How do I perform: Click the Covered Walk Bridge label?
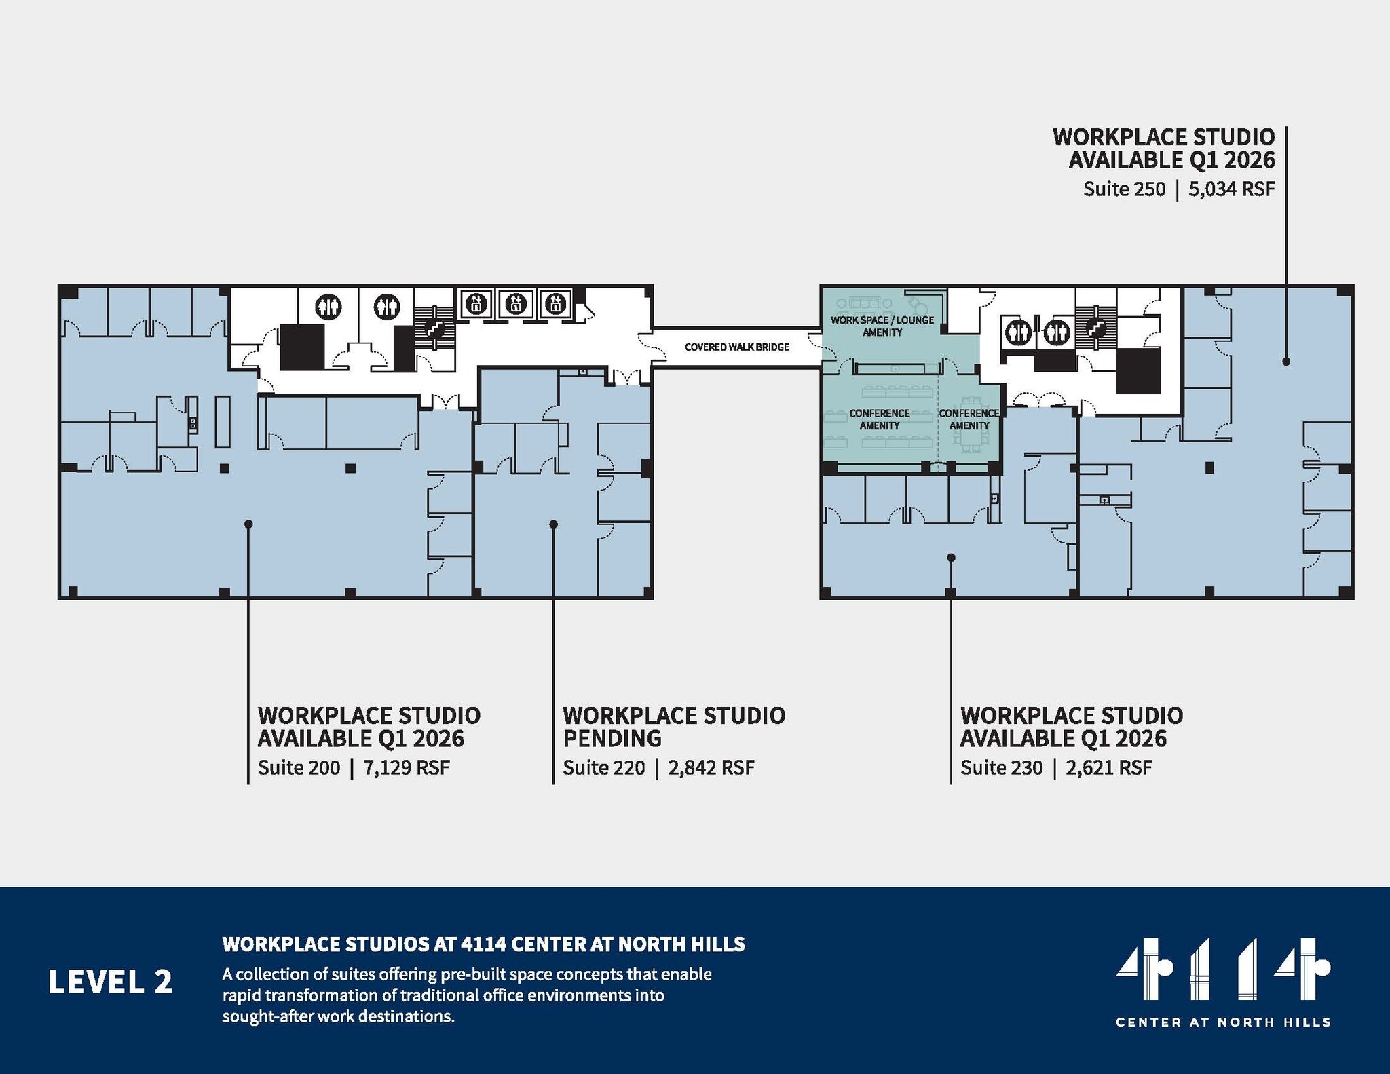pos(736,347)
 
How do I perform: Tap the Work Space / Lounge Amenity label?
pos(882,326)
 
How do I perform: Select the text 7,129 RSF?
pos(407,768)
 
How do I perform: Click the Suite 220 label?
pos(603,768)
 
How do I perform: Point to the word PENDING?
pos(612,738)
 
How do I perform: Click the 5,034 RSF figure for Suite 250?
pos(1231,189)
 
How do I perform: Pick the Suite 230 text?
pos(1001,768)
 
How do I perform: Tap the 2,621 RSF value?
pos(1108,768)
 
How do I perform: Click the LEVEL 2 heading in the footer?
pos(110,982)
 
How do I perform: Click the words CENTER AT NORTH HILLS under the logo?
pos(1223,1022)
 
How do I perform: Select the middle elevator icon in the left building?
pos(516,303)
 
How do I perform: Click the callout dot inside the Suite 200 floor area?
pos(248,524)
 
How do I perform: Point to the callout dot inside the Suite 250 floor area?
pos(1285,362)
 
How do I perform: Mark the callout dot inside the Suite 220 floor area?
pos(553,524)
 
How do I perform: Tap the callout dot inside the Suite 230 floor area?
pos(951,558)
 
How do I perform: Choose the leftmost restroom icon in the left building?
pos(329,307)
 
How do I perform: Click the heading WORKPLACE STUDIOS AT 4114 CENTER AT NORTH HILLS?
pos(483,944)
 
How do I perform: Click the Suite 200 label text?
pos(299,768)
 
